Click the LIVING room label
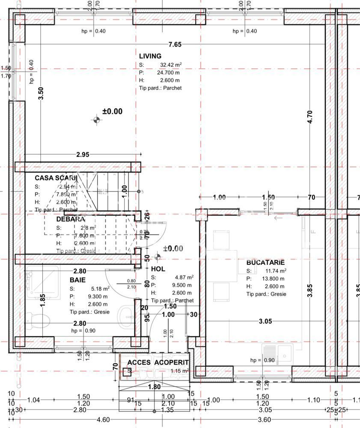(x=150, y=56)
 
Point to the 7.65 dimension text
(x=175, y=45)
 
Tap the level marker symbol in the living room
(x=96, y=119)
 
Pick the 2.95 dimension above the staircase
(x=83, y=155)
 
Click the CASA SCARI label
(x=56, y=178)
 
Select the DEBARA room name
(x=71, y=219)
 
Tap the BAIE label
(x=77, y=279)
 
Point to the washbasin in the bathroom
(x=124, y=316)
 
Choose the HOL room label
(x=158, y=269)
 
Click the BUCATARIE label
(x=265, y=262)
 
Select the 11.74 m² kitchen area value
(x=276, y=270)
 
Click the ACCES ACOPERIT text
(x=158, y=363)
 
